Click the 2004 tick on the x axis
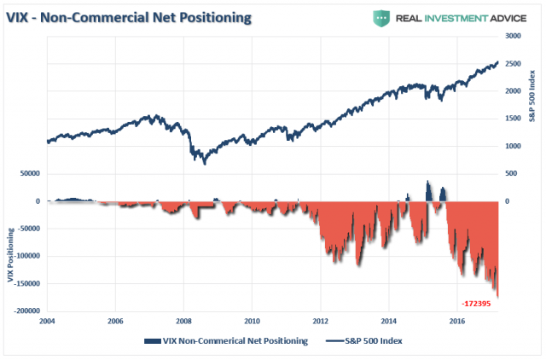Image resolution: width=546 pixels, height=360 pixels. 48,322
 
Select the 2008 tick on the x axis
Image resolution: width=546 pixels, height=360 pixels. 183,322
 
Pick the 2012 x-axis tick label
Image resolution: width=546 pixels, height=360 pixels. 320,322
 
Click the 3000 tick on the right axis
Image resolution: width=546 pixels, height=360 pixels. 512,37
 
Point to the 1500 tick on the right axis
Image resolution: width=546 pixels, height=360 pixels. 512,119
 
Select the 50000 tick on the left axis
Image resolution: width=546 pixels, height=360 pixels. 31,173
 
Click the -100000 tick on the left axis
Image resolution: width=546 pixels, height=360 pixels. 28,256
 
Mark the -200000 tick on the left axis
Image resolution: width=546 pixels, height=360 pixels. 28,311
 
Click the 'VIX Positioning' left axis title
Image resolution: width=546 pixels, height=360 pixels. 10,256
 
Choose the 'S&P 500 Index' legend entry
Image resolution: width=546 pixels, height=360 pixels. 365,340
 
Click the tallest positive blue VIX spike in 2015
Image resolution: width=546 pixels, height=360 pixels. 428,183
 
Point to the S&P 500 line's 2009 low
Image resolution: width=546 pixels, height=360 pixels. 206,160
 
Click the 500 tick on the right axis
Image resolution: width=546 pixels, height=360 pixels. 510,173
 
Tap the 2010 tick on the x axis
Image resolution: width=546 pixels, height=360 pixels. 252,322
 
